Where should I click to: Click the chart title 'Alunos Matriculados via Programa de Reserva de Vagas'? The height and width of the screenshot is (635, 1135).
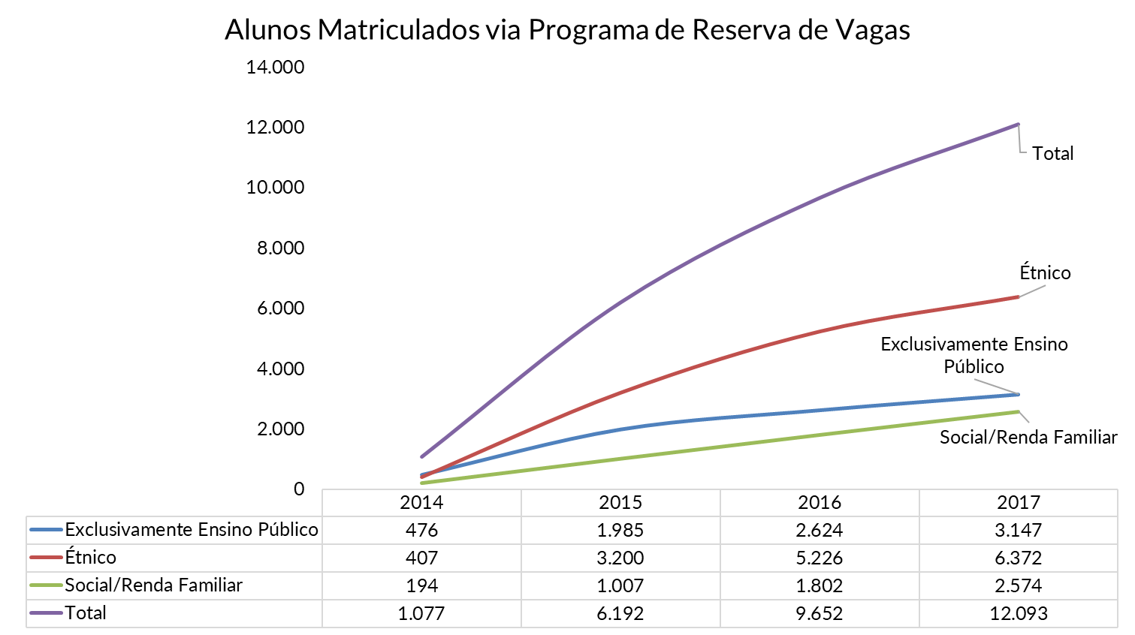pyautogui.click(x=567, y=30)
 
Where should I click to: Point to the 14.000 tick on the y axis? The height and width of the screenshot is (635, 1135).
pyautogui.click(x=275, y=68)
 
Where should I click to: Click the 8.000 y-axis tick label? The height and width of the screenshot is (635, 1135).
pyautogui.click(x=280, y=248)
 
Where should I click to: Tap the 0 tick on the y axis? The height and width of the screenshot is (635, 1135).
pyautogui.click(x=299, y=489)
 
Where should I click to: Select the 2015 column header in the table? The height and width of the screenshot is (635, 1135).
pyautogui.click(x=620, y=502)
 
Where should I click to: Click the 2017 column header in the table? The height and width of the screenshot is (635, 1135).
pyautogui.click(x=1018, y=502)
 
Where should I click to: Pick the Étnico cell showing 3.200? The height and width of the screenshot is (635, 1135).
pyautogui.click(x=620, y=558)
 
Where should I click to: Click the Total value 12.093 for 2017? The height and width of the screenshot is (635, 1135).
pyautogui.click(x=1018, y=613)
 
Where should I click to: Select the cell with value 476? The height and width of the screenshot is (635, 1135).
pyautogui.click(x=421, y=530)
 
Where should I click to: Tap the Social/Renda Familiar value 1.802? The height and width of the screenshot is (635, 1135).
pyautogui.click(x=820, y=585)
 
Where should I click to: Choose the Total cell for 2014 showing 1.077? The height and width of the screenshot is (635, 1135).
pyautogui.click(x=421, y=613)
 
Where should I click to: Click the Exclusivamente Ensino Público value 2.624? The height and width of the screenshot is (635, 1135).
pyautogui.click(x=820, y=530)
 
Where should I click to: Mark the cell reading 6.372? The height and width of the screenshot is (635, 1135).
pyautogui.click(x=1018, y=558)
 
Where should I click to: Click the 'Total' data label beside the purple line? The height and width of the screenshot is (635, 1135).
pyautogui.click(x=1052, y=154)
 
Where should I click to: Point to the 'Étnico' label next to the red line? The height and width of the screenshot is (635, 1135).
pyautogui.click(x=1045, y=272)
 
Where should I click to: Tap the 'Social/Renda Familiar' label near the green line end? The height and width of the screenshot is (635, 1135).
pyautogui.click(x=1028, y=437)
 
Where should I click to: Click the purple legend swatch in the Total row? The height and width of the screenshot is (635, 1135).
pyautogui.click(x=46, y=613)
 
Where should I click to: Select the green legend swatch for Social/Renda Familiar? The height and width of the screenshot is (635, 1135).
pyautogui.click(x=46, y=585)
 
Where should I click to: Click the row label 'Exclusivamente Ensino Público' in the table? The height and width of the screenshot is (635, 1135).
pyautogui.click(x=192, y=530)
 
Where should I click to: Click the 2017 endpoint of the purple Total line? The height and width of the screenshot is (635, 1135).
pyautogui.click(x=1018, y=125)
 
